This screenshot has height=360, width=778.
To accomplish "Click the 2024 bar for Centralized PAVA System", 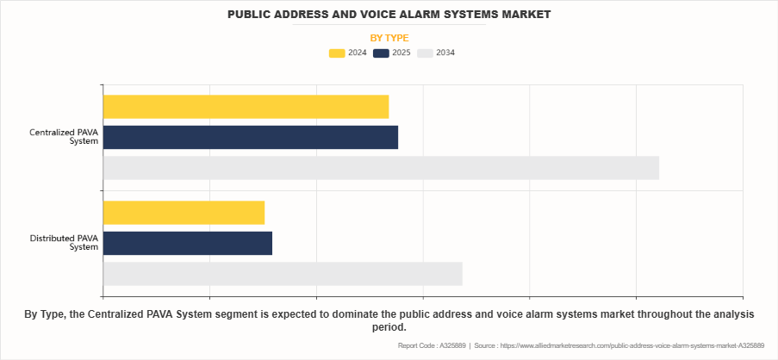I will [246, 107].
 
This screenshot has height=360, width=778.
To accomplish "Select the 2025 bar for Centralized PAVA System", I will [250, 137].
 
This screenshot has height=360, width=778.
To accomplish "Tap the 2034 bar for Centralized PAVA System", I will [381, 168].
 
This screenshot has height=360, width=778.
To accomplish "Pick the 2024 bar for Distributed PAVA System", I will [184, 213].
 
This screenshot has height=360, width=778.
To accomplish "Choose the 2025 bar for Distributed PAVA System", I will [187, 244].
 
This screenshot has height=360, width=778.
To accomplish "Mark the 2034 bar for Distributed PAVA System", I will [283, 274].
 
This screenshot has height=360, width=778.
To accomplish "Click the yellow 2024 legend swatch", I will [337, 53].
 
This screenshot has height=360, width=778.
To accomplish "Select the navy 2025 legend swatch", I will [381, 53].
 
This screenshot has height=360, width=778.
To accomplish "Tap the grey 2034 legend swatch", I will [425, 53].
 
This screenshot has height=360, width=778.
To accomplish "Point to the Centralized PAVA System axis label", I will [64, 137].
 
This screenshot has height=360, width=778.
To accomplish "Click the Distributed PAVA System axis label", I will [64, 243].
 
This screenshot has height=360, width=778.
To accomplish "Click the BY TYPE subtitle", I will [389, 38].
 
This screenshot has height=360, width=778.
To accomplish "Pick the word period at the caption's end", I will [388, 327].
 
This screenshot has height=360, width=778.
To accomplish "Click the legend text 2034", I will [445, 53].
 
